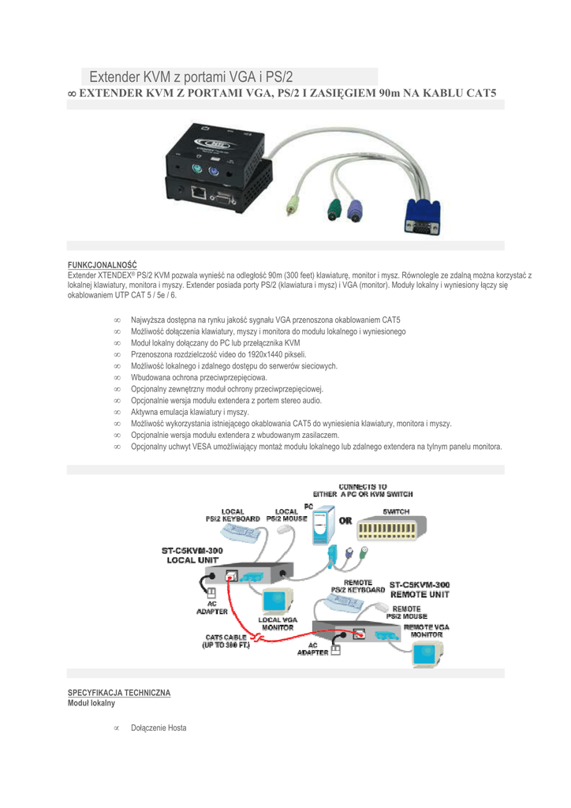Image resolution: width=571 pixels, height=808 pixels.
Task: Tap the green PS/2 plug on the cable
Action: [333, 210]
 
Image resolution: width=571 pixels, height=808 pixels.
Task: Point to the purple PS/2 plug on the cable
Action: [354, 210]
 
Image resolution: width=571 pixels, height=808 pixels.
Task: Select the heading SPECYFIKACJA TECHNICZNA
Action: [118, 692]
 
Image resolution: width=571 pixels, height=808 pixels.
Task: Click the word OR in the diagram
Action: [345, 521]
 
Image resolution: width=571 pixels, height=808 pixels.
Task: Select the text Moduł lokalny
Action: [91, 702]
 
